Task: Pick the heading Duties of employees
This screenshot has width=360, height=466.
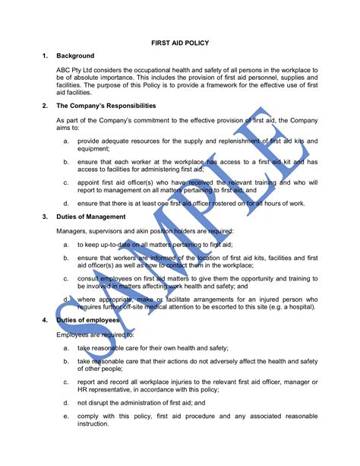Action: coord(90,322)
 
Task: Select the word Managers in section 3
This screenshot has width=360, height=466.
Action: coord(72,230)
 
